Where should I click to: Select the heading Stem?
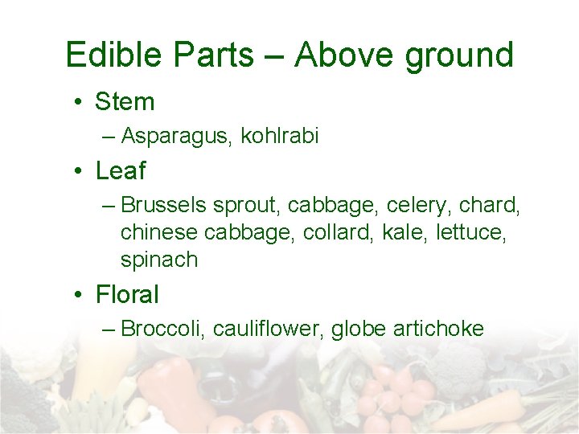click(125, 102)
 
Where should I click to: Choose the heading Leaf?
click(121, 171)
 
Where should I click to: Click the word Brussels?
click(164, 205)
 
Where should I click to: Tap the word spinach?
click(158, 260)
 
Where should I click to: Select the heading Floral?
click(127, 295)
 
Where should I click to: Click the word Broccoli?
click(160, 329)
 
